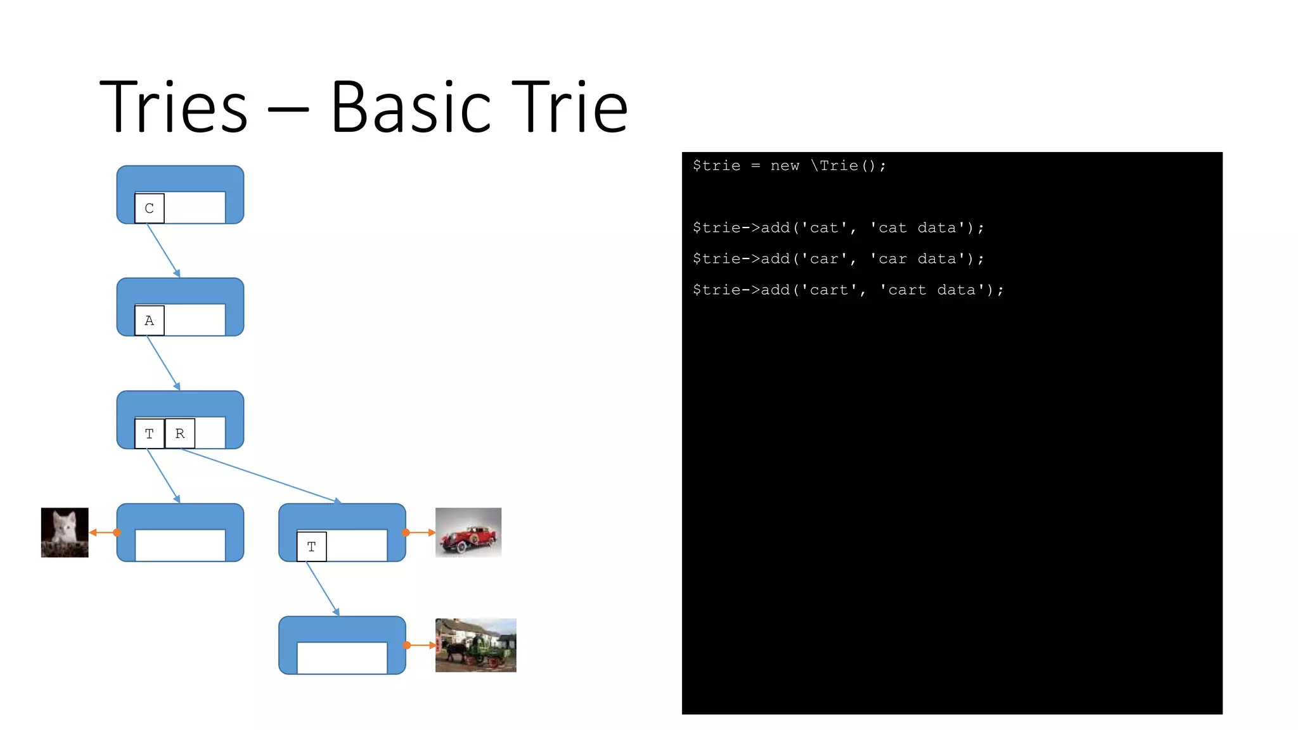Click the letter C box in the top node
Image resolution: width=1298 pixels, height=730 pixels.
150,208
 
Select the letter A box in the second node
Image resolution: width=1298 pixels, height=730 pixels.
150,321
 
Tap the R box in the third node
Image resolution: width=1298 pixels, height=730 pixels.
180,433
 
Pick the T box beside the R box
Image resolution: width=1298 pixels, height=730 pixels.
150,433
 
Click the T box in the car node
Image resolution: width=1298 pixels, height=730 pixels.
312,547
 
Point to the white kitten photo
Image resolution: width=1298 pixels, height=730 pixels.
65,532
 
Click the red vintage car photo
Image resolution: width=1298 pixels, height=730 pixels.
468,532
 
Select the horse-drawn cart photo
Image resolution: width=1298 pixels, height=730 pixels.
475,645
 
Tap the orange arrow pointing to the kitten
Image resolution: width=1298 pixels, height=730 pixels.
103,532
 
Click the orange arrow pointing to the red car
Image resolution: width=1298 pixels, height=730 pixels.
420,532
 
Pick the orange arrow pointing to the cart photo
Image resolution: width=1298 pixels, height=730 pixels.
421,645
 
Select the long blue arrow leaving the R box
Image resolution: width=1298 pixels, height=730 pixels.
260,475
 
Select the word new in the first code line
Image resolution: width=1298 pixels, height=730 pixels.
785,166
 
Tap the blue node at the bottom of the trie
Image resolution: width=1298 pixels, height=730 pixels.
342,645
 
